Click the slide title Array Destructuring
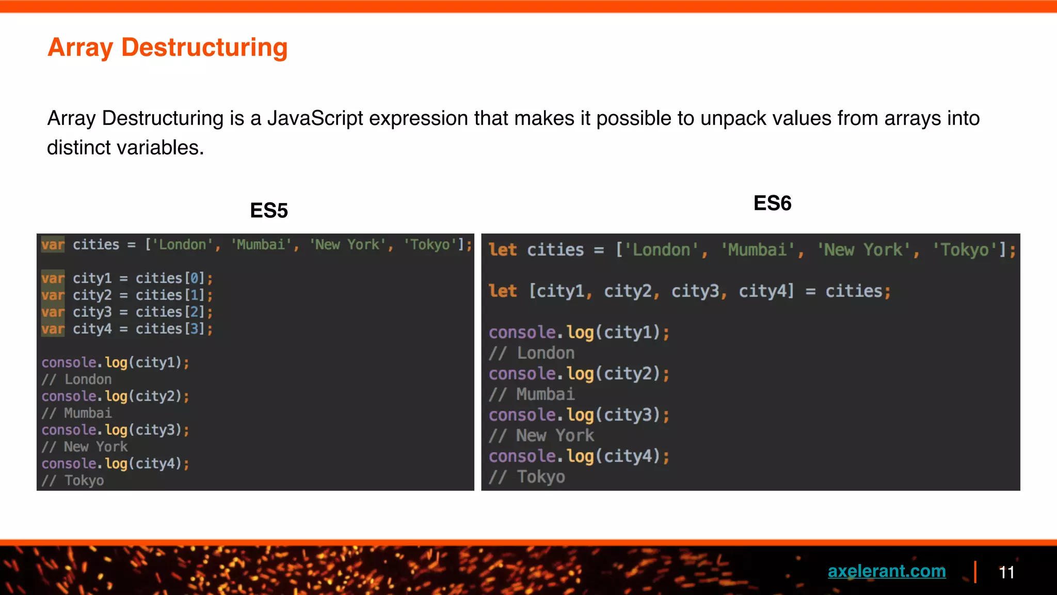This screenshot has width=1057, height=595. click(167, 48)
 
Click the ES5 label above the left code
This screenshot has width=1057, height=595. click(268, 211)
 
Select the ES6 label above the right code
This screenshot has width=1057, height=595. click(772, 203)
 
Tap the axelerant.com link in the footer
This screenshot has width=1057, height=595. click(887, 571)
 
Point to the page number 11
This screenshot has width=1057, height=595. click(1006, 572)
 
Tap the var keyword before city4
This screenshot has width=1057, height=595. click(53, 329)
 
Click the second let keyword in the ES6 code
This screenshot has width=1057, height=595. click(502, 291)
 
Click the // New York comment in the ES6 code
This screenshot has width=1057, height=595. click(541, 435)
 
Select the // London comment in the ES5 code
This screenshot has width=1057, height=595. click(76, 379)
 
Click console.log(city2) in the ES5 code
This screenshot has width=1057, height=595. click(115, 396)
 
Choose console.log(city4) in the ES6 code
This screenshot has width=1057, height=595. click(578, 456)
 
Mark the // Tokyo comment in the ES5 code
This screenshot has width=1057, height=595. click(73, 480)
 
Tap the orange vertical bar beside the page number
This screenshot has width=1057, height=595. click(975, 572)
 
